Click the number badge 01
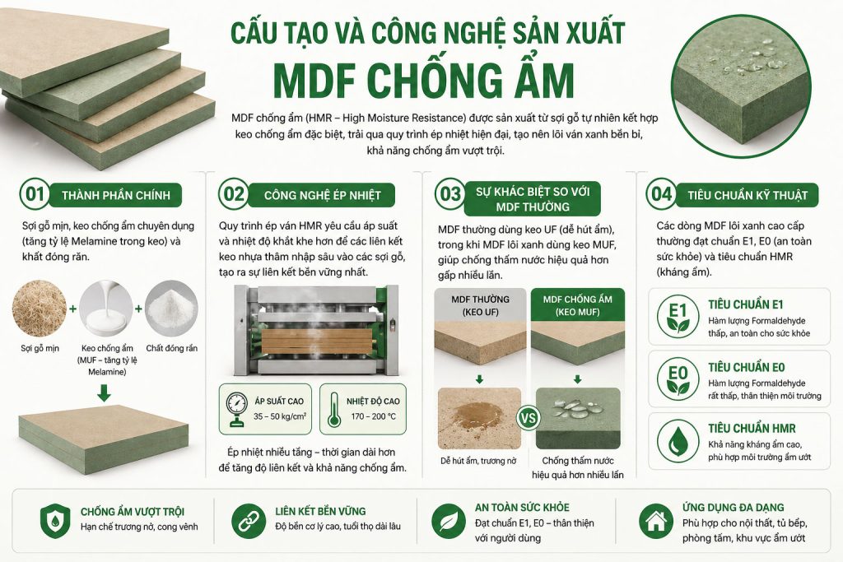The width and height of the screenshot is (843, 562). pos(34,195)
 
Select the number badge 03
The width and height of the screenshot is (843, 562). pos(449,195)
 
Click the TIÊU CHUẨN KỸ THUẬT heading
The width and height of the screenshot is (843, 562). pos(747,195)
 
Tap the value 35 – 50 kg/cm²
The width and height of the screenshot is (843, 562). pos(280,417)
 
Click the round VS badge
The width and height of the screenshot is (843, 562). pos(529,416)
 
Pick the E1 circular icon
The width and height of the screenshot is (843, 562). pos(678,316)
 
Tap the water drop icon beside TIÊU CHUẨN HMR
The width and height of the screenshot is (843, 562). pos(678,438)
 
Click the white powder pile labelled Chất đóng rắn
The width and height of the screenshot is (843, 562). pos(172,311)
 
